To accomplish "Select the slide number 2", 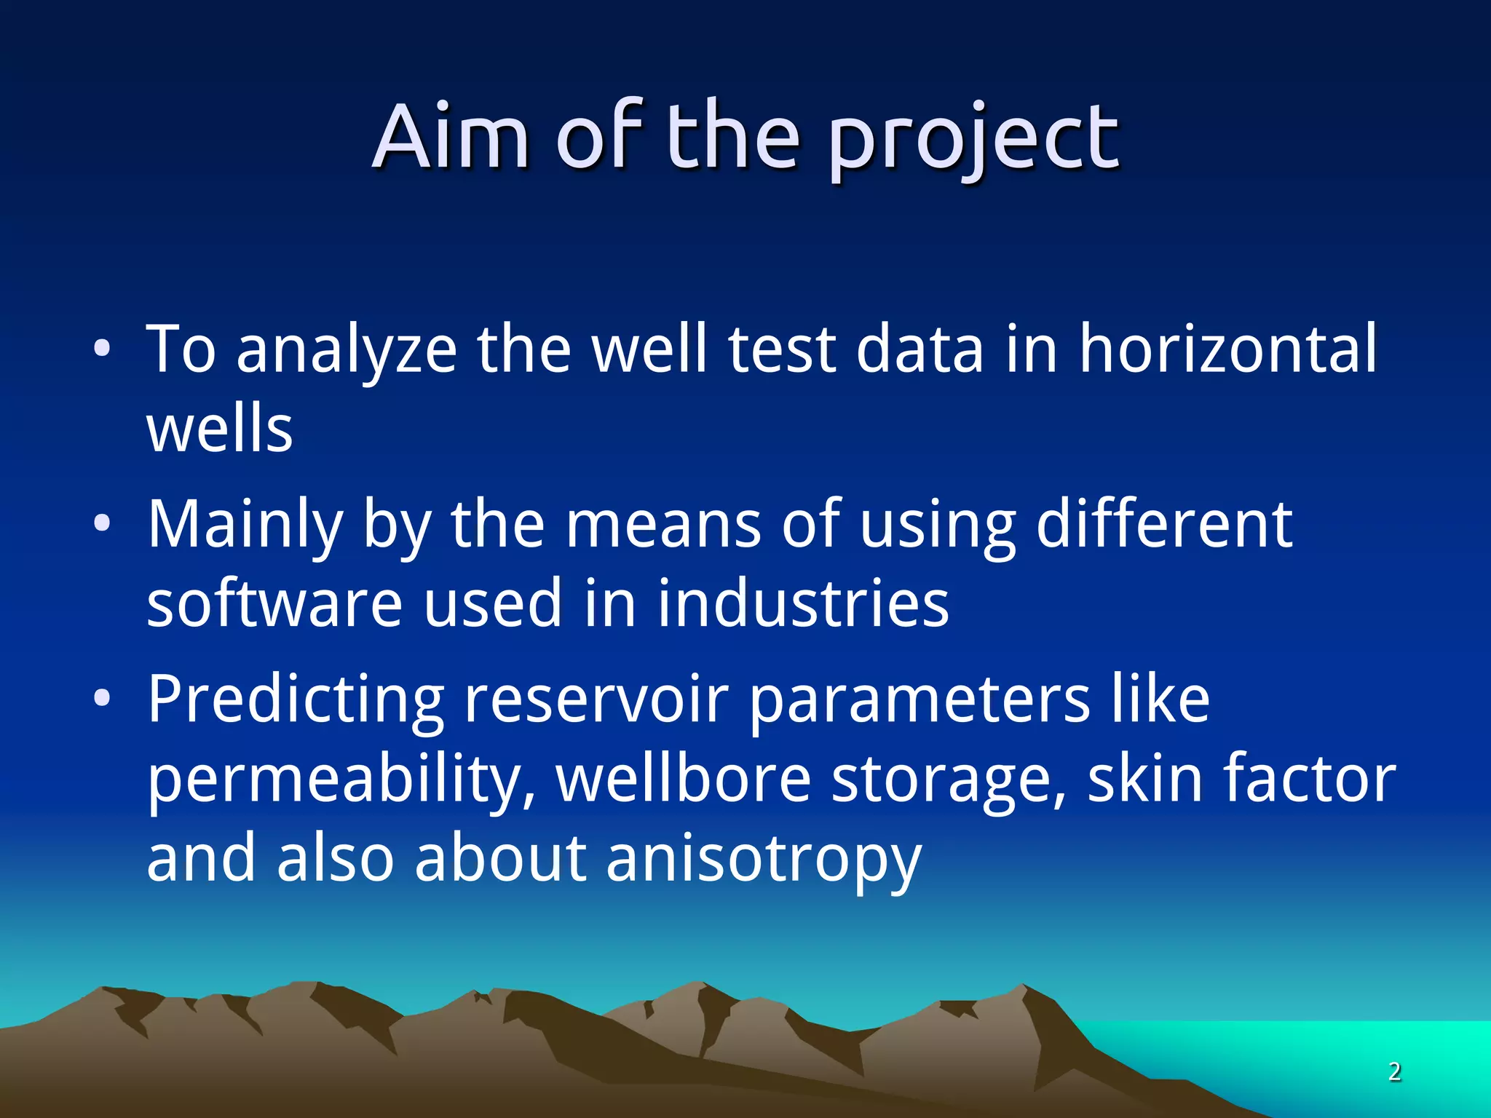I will click(x=1394, y=1071).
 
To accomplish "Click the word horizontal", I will click(x=1227, y=349).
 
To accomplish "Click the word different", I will click(x=1163, y=523).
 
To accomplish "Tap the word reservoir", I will click(x=596, y=699).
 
